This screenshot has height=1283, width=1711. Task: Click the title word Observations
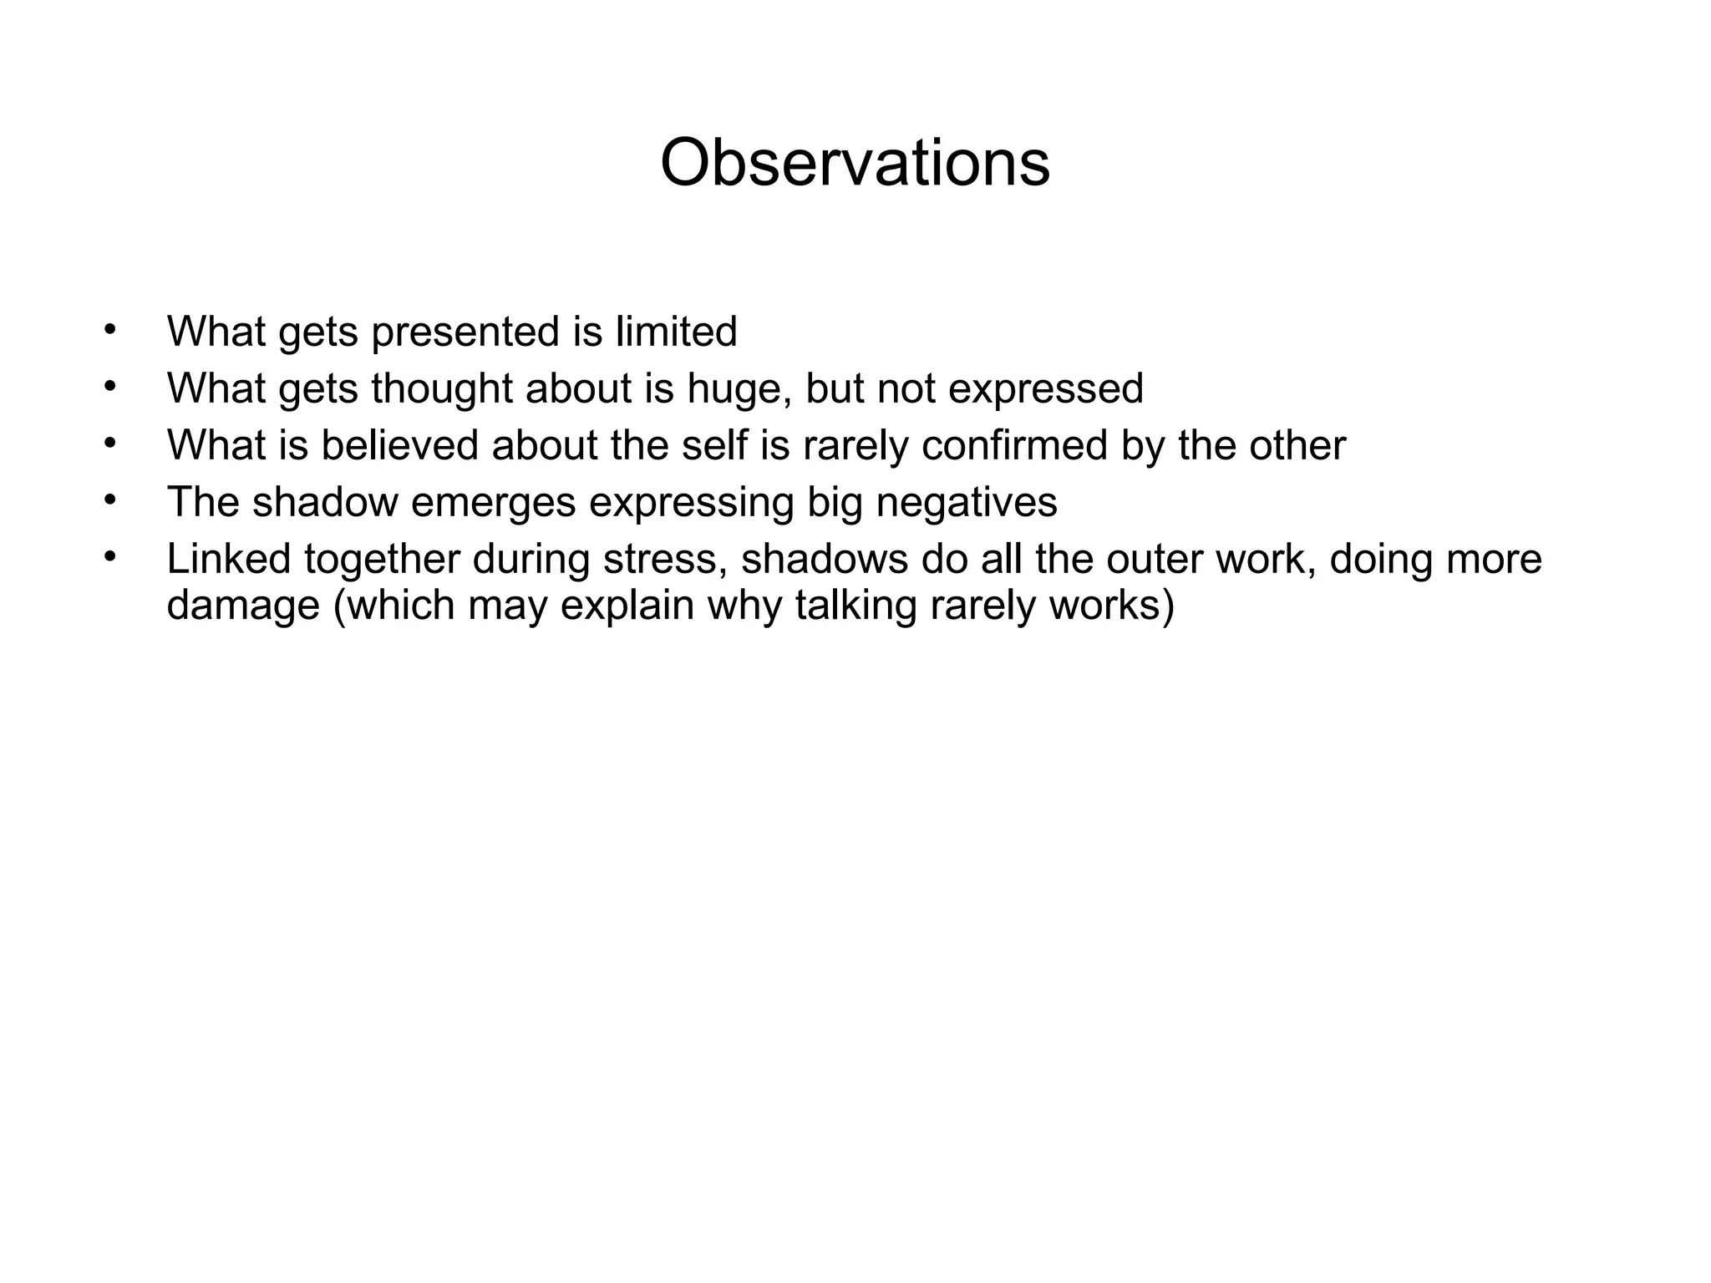pyautogui.click(x=855, y=164)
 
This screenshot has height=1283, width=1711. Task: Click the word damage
pyautogui.click(x=242, y=606)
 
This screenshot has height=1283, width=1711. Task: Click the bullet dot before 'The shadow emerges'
pyautogui.click(x=109, y=500)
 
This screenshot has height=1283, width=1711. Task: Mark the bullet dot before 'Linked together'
pyautogui.click(x=109, y=556)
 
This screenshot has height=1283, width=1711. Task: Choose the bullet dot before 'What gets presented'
pyautogui.click(x=109, y=329)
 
